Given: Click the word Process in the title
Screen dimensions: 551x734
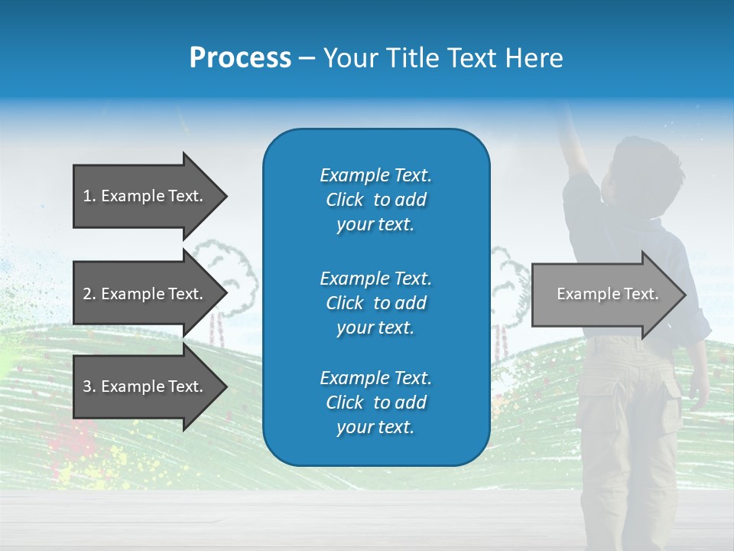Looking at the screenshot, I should (240, 58).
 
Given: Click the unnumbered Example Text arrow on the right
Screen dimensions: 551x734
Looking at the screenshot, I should (607, 294).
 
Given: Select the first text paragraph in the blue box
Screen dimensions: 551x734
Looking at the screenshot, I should (375, 200).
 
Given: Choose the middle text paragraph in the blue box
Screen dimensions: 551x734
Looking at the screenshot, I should (375, 303).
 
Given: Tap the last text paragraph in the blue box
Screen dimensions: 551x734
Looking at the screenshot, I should (375, 403).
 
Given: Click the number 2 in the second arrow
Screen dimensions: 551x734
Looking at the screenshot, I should (87, 294).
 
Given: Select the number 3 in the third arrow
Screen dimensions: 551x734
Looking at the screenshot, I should (87, 386).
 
